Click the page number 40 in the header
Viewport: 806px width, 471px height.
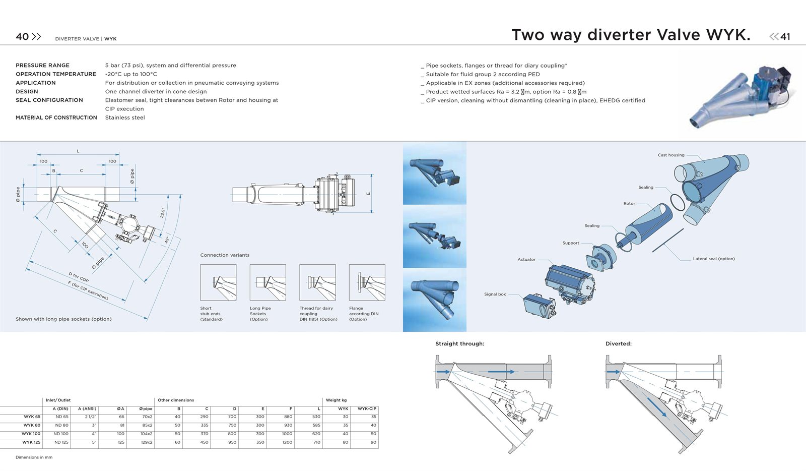tap(22, 36)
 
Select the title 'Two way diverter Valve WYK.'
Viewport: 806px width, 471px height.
tap(631, 35)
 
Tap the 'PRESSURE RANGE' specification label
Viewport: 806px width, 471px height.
tap(42, 65)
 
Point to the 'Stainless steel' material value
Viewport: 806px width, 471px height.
tap(125, 117)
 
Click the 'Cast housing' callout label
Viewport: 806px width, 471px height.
tap(671, 155)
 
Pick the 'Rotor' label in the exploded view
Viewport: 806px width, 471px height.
tap(629, 203)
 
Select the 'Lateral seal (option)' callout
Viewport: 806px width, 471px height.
tap(714, 259)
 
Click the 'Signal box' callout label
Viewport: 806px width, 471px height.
tap(495, 294)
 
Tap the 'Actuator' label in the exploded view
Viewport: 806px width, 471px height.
tap(526, 259)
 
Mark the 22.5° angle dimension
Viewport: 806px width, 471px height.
tap(162, 213)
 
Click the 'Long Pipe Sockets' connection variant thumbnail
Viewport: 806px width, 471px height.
tap(267, 282)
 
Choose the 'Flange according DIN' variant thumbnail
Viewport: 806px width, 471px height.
tap(367, 282)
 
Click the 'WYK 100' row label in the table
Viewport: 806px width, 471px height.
tap(31, 434)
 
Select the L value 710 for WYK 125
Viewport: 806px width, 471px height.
tap(317, 443)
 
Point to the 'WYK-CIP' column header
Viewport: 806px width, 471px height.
tap(367, 408)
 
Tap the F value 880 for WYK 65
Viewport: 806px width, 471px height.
tap(288, 417)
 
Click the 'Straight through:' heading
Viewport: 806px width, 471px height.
tap(459, 344)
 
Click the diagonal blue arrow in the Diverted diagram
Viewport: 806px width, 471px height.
tap(657, 407)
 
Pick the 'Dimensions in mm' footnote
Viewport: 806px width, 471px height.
tap(34, 457)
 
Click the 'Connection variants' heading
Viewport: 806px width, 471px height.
tap(225, 255)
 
